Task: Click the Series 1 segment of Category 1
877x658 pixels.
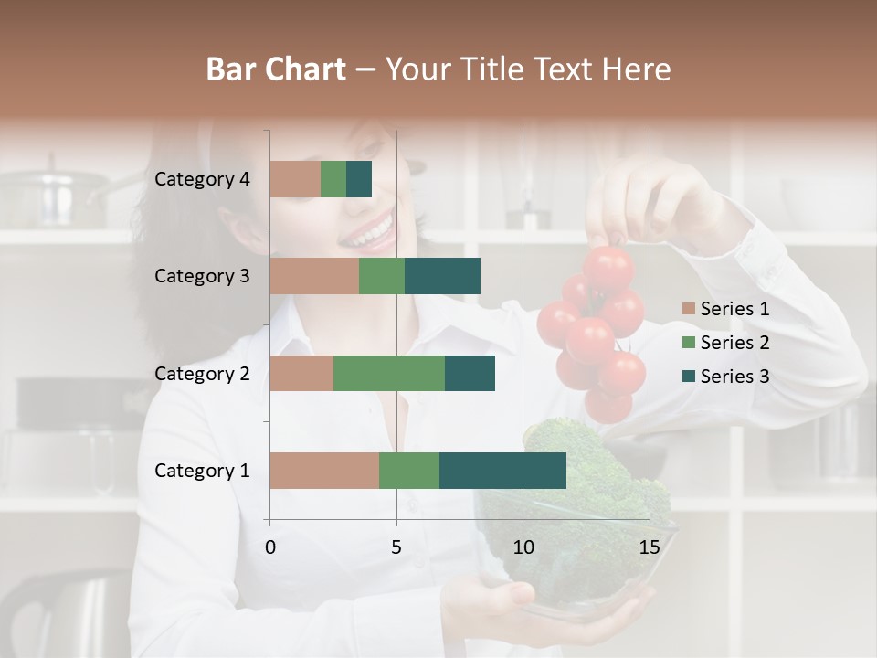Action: [324, 471]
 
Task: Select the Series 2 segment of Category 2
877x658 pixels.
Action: [389, 373]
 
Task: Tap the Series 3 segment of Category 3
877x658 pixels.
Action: [442, 276]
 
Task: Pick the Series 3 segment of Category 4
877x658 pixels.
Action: [359, 179]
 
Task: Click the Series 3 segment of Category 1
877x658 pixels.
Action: [502, 471]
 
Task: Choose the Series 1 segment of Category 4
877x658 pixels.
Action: [295, 179]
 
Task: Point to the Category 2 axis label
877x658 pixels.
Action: [202, 373]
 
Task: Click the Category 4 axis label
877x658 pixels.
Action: [202, 179]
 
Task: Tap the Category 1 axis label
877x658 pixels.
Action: [202, 471]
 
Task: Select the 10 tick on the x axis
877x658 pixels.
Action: [523, 547]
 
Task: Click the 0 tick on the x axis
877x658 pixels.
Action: [270, 547]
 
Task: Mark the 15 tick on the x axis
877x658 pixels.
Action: [649, 547]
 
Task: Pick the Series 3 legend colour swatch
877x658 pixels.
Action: [689, 377]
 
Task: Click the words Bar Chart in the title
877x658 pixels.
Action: [276, 69]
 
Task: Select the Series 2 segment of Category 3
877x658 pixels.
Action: [382, 276]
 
